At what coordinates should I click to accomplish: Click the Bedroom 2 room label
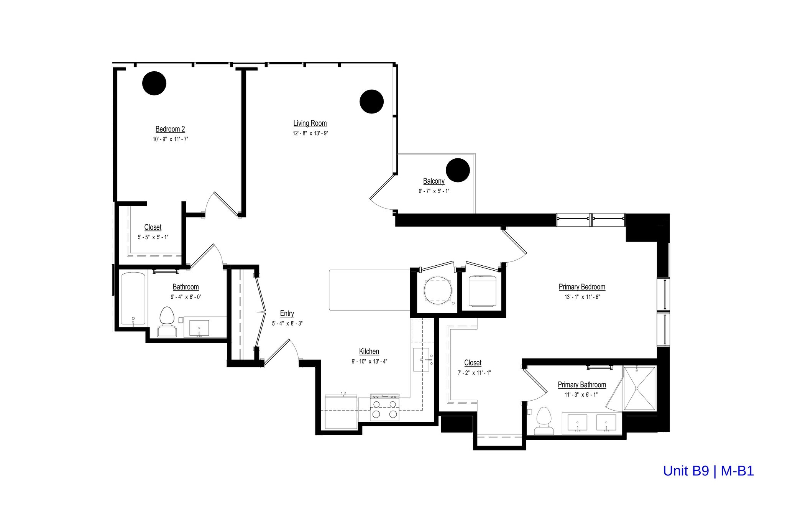pos(170,129)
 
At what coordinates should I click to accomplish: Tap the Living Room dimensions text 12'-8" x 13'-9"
pos(310,133)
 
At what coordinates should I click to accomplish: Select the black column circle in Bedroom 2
pos(154,83)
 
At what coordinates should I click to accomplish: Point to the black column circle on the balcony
pos(458,170)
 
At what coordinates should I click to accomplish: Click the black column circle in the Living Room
pos(371,102)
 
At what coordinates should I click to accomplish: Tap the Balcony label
pos(434,181)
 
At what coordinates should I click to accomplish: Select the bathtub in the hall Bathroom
pos(133,299)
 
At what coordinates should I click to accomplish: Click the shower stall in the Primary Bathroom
pos(639,388)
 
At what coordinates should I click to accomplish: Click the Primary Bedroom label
pos(582,287)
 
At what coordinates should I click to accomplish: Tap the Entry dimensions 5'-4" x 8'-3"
pos(287,323)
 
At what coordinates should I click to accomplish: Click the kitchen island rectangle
pos(369,290)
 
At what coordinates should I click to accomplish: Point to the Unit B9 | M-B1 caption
pos(708,471)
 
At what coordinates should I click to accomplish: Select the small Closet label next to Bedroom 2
pos(153,227)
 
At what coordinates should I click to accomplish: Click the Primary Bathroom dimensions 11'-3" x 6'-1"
pos(581,395)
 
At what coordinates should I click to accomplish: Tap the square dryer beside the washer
pos(483,291)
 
